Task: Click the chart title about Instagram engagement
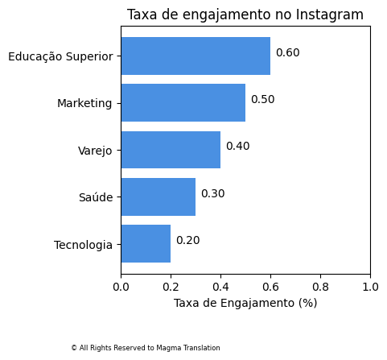coord(245,14)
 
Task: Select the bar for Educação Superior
coord(196,56)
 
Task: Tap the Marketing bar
coord(183,102)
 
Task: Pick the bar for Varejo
coord(171,150)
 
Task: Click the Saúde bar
coord(158,197)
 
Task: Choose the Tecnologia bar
coord(146,244)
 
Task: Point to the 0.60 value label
coord(287,53)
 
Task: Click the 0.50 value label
coord(262,100)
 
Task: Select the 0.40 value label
coord(237,147)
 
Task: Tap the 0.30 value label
coord(212,194)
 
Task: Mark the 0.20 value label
coord(187,241)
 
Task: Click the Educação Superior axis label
coord(60,56)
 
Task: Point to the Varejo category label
coord(95,151)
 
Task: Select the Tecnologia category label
coord(83,245)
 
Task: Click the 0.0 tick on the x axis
coord(121,285)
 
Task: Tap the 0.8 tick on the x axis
coord(320,285)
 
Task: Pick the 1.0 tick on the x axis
coord(370,285)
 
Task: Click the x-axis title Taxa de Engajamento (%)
coord(245,303)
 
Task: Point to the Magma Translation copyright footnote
coord(145,348)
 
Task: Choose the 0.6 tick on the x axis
coord(270,285)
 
